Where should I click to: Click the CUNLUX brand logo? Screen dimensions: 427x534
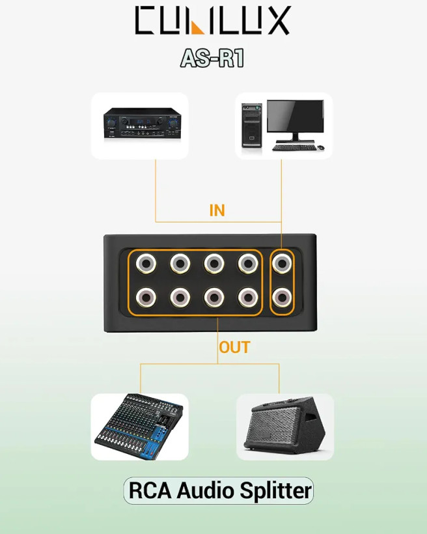(213, 20)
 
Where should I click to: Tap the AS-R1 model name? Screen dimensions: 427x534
(212, 58)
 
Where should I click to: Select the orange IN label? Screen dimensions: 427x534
(217, 210)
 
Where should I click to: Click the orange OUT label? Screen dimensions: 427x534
(234, 347)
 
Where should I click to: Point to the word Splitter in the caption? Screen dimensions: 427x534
(275, 491)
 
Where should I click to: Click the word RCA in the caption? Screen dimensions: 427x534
(150, 491)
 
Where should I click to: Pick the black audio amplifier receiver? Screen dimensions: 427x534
(143, 123)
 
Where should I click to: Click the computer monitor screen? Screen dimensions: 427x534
(296, 116)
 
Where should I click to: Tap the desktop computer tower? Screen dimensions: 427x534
(252, 125)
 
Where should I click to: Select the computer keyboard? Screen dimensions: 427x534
(294, 147)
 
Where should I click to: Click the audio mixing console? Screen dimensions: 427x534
(139, 426)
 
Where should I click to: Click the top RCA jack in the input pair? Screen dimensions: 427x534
(282, 263)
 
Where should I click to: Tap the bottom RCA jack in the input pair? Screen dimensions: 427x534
(282, 298)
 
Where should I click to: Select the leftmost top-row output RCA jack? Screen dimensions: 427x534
(146, 263)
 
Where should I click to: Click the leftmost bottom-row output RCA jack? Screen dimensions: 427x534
(146, 298)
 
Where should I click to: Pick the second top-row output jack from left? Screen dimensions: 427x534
(180, 263)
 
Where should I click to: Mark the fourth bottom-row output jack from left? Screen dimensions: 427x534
(248, 298)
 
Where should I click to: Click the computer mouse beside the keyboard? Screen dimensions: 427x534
(320, 147)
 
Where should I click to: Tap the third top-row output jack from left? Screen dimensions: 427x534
(214, 263)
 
